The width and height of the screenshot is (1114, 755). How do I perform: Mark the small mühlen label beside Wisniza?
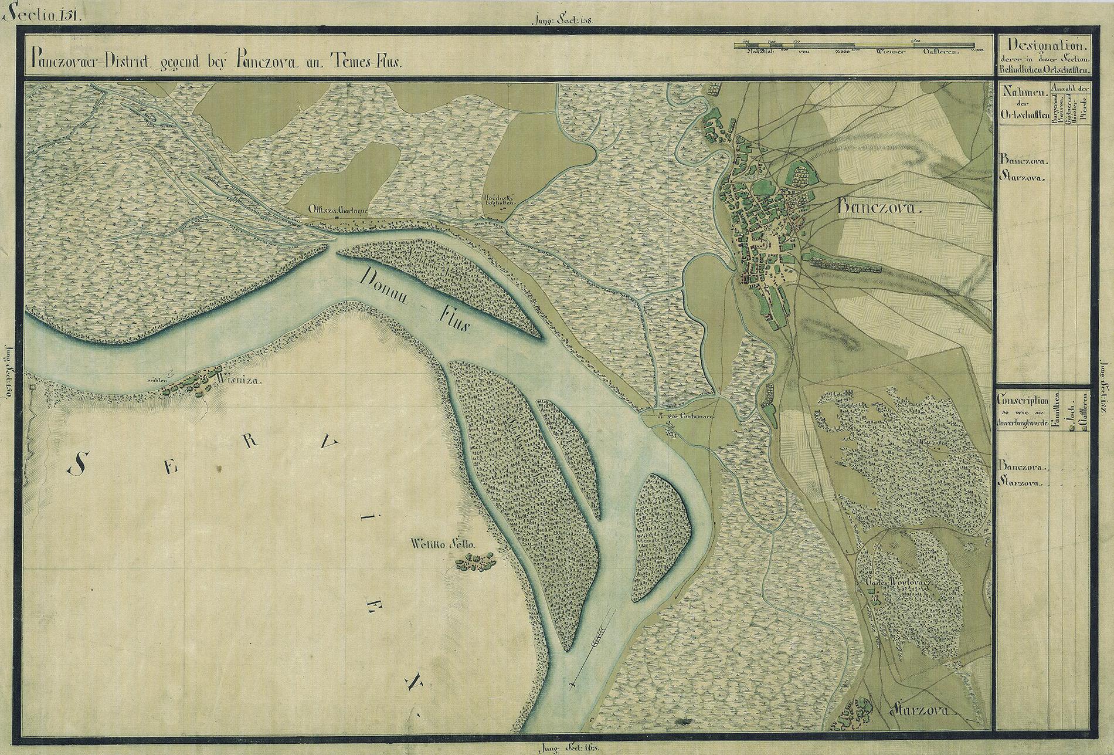tap(158, 380)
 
